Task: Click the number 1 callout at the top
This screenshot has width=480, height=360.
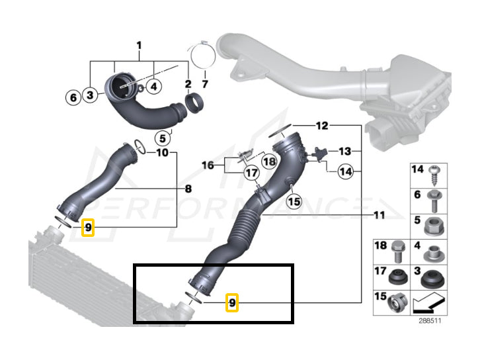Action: click(140, 45)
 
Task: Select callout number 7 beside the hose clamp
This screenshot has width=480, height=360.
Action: click(205, 84)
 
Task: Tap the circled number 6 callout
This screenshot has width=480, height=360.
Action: click(73, 97)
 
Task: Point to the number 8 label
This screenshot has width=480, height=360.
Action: click(188, 189)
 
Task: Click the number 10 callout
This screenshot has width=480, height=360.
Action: click(162, 153)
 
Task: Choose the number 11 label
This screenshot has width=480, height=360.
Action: click(379, 216)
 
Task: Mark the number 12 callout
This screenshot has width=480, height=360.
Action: click(321, 124)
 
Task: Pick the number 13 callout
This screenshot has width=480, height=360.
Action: click(344, 151)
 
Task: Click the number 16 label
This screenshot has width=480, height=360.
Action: click(208, 164)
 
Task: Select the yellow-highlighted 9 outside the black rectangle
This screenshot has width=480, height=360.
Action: click(89, 228)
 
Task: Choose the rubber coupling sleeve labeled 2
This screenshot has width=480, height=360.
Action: click(194, 103)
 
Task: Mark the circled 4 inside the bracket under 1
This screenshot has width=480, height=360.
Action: click(153, 85)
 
